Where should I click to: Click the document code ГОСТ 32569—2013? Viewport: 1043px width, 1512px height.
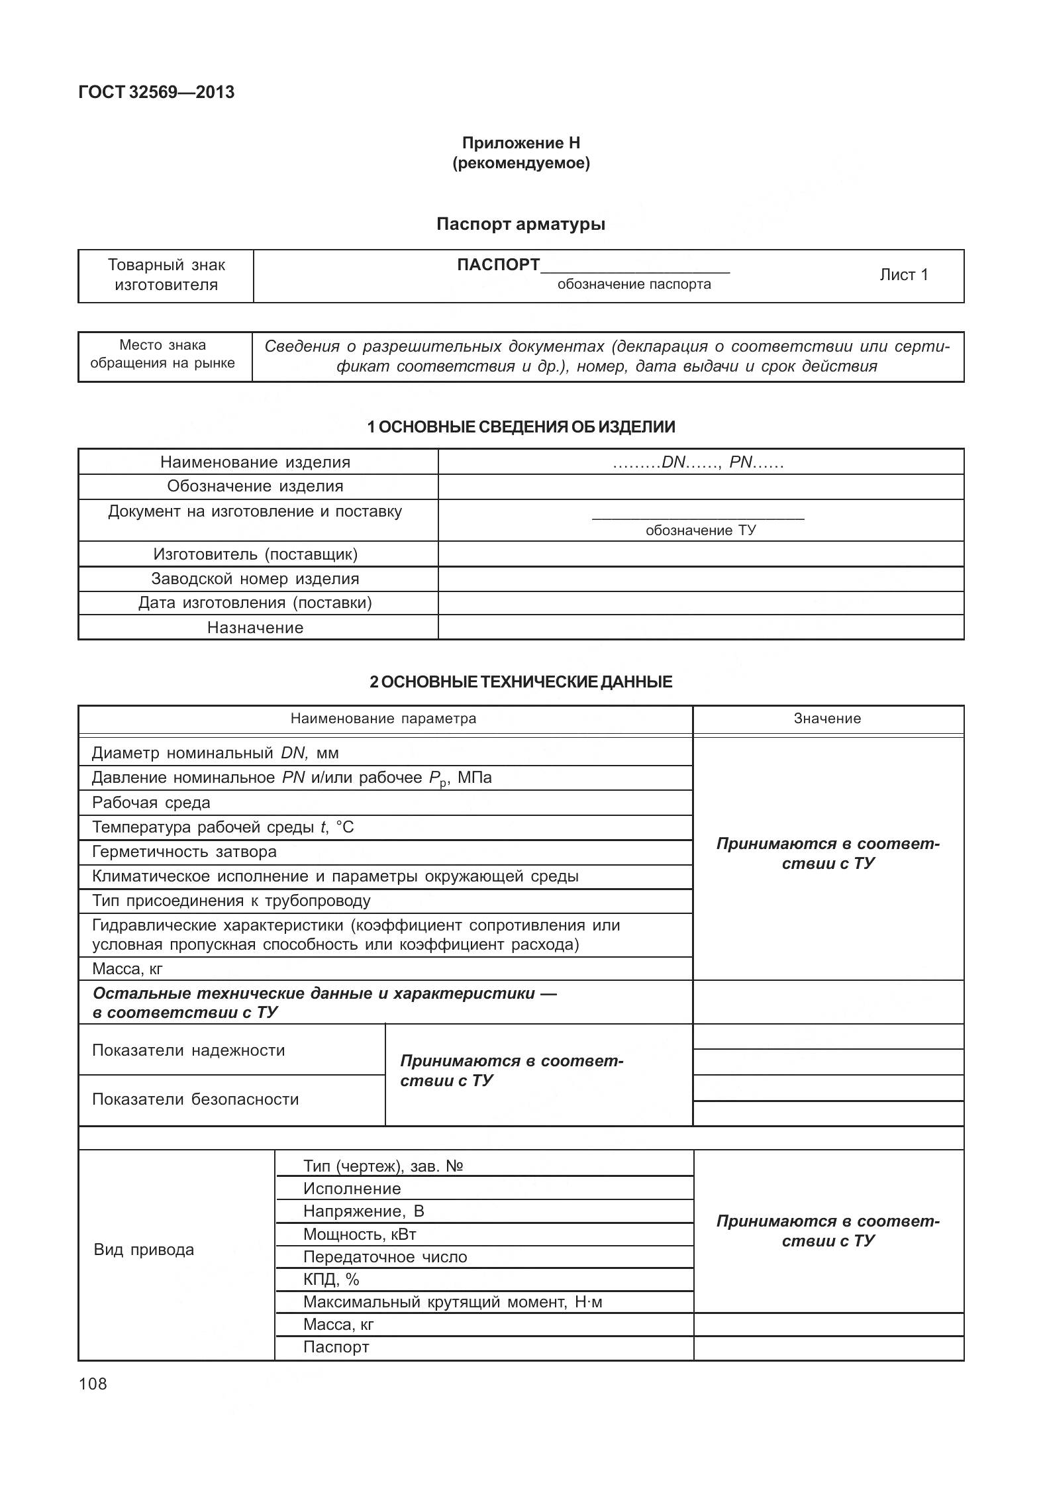click(156, 92)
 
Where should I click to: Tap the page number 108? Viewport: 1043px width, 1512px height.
click(93, 1384)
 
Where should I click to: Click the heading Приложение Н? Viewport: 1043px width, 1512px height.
click(521, 143)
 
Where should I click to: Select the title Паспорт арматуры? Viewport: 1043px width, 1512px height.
click(521, 225)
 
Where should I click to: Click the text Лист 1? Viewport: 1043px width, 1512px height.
click(903, 275)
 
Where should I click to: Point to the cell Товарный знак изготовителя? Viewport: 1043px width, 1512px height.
click(166, 275)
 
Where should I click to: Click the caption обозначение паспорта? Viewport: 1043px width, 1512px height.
click(634, 285)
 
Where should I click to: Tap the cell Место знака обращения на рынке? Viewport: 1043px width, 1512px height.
click(163, 354)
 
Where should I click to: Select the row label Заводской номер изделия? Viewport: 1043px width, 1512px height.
click(255, 579)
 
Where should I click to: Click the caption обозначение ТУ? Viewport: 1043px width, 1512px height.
click(701, 530)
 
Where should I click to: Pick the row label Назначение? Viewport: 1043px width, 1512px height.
click(255, 628)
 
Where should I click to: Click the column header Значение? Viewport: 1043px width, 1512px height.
click(827, 719)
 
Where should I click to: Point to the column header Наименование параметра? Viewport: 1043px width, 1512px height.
click(383, 719)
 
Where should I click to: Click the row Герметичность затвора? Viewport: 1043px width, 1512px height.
click(185, 852)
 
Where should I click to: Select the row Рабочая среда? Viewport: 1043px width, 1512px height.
click(152, 803)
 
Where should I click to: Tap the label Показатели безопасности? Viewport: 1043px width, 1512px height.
click(195, 1099)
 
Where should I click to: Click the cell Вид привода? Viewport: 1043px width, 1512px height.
click(144, 1250)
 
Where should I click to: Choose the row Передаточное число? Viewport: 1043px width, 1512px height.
click(385, 1257)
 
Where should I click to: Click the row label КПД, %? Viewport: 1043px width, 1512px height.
click(331, 1280)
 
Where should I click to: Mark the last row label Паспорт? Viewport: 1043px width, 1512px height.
click(336, 1347)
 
